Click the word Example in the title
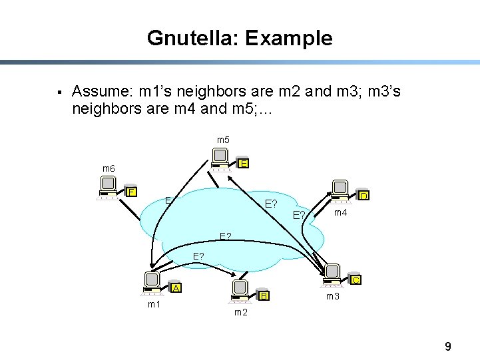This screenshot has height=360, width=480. [x=288, y=38]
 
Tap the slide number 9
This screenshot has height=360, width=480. [x=448, y=346]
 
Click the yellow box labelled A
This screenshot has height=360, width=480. [x=176, y=288]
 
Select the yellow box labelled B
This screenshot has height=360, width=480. [x=264, y=295]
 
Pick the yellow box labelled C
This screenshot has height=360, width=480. [x=356, y=280]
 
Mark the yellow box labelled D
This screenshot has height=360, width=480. [x=363, y=196]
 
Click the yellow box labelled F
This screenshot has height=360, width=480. [x=132, y=192]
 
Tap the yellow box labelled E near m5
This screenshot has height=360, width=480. [x=244, y=164]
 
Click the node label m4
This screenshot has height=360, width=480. [x=341, y=212]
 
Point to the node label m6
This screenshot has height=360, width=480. [x=108, y=169]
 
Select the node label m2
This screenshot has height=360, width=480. [x=241, y=312]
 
